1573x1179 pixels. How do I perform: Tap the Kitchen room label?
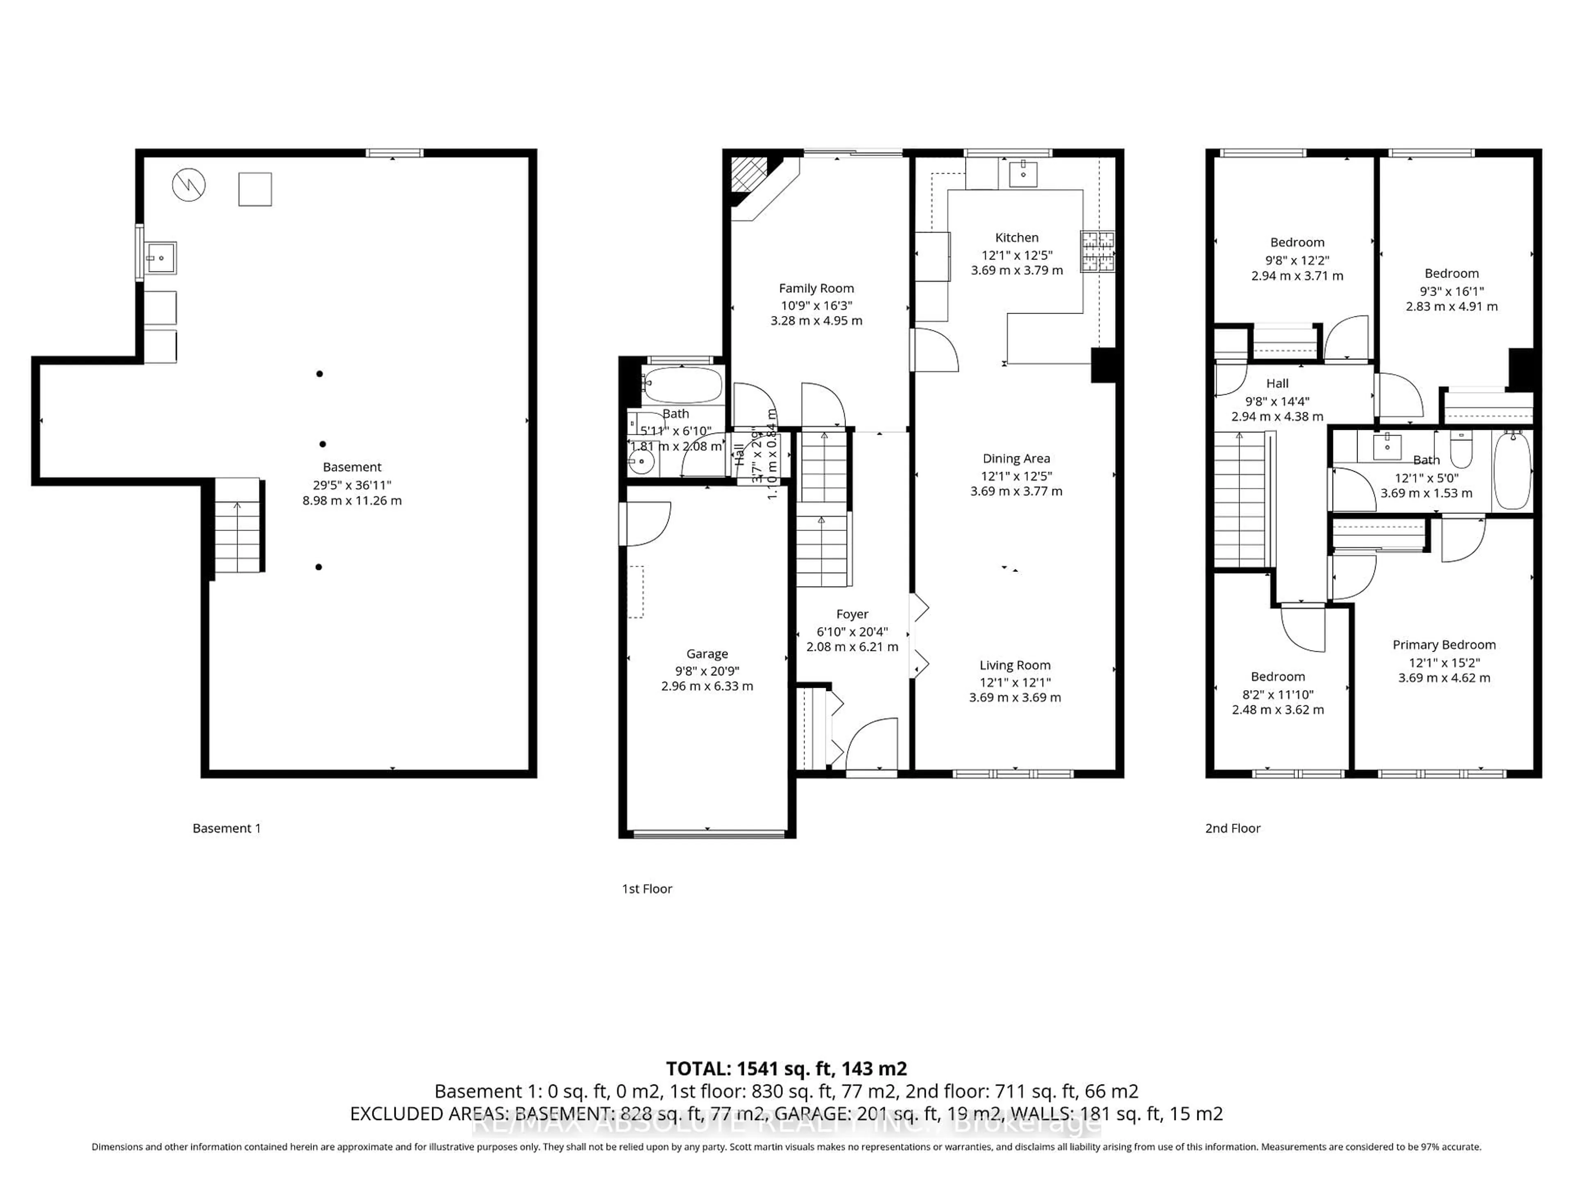click(1016, 237)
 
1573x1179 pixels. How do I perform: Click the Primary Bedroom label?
click(1444, 645)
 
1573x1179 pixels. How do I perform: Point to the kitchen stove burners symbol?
click(1097, 252)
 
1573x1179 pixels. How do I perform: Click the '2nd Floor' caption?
click(1232, 828)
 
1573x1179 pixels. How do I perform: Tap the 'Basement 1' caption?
click(226, 828)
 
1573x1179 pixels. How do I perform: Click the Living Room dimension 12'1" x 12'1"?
click(1015, 682)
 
